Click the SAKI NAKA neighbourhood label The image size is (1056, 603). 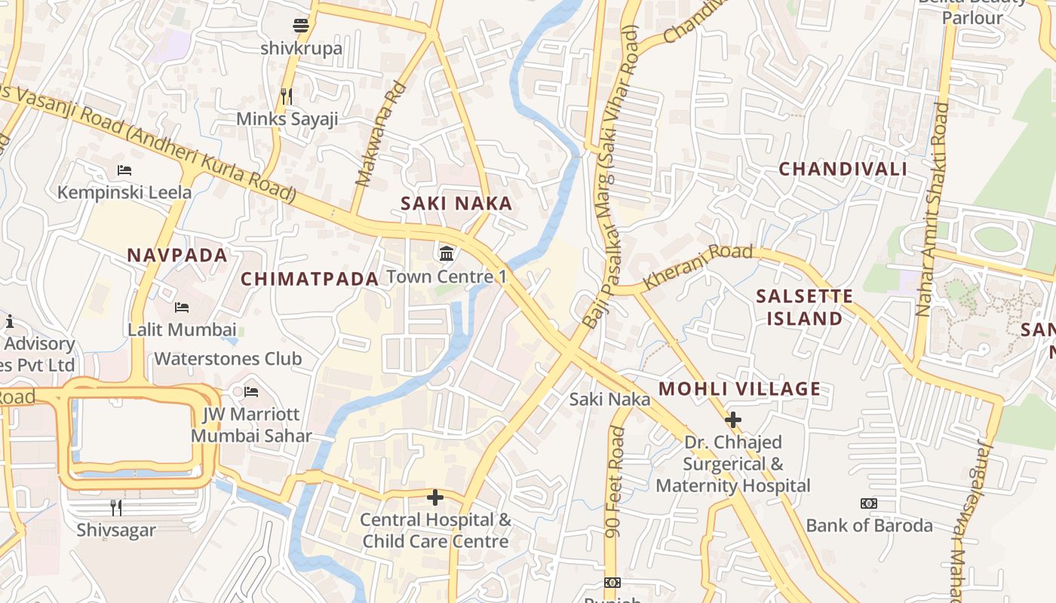[456, 204]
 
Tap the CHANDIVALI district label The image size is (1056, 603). [843, 169]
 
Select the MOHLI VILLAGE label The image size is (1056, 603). [739, 390]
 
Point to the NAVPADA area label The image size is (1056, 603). [177, 256]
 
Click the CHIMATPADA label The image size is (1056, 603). [309, 279]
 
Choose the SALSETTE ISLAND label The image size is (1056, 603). [804, 308]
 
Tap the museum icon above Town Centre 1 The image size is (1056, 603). [447, 253]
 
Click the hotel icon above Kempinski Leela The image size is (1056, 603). [124, 170]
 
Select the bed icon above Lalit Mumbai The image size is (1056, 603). [181, 307]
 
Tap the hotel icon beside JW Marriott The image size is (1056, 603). [251, 392]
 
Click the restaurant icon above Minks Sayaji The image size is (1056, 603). [286, 96]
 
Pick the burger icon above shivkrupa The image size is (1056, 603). [301, 26]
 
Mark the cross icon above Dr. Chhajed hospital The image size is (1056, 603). [732, 419]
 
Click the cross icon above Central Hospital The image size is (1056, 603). [435, 497]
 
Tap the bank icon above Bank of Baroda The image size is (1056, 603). [869, 503]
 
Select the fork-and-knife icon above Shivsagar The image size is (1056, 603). [116, 507]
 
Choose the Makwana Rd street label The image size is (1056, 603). [381, 134]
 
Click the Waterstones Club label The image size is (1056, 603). [228, 359]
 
